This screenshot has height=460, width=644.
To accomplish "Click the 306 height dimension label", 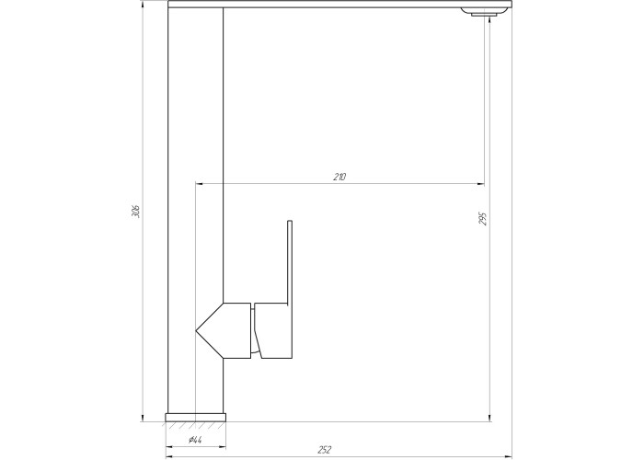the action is [x=137, y=212].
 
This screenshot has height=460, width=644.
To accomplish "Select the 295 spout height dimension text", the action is [x=483, y=219].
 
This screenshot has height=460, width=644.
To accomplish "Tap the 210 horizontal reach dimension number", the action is [x=339, y=177].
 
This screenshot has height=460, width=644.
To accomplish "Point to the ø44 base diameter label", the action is [x=195, y=440].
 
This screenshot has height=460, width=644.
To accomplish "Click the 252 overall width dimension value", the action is [x=324, y=450].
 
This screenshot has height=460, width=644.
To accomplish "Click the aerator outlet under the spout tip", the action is [x=483, y=15].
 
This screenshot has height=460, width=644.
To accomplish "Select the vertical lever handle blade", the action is [x=290, y=263].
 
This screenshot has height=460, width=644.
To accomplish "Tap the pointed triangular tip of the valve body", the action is [x=195, y=330].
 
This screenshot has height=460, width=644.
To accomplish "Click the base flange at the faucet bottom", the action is [x=195, y=418].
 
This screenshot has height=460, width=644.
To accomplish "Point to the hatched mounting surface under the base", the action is [x=195, y=425].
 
